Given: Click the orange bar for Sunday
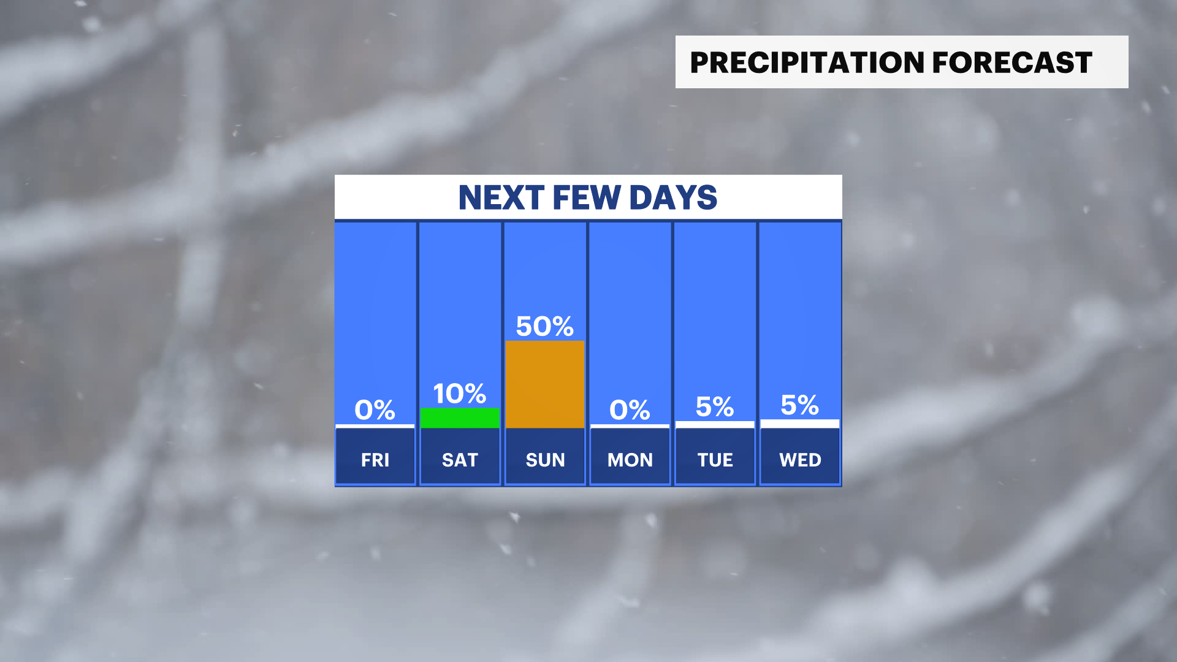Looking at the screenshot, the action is coord(545,384).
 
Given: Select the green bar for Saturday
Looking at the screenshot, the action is coord(460,418).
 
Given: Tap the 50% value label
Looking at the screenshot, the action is coord(545,326).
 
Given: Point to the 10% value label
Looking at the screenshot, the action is coord(460,394).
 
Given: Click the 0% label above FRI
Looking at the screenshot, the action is coord(375,409).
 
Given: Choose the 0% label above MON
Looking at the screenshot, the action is coord(630,409).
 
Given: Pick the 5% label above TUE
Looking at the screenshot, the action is coord(715,406).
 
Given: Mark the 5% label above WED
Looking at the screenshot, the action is coord(800,405).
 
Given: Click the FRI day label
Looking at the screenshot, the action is coord(375,460).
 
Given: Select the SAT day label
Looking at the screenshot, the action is coord(460,460).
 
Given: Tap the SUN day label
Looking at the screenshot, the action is coord(545,460).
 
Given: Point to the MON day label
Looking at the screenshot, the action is coord(630,460).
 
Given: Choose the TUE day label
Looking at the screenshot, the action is coord(715,460).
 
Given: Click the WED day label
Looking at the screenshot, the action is coord(800,460).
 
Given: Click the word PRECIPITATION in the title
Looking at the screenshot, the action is coord(807,63).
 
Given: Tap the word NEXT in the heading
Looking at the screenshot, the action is coord(501,197).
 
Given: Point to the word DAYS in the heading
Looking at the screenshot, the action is coord(673,197).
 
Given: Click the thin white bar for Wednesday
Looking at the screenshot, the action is coord(800,424).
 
